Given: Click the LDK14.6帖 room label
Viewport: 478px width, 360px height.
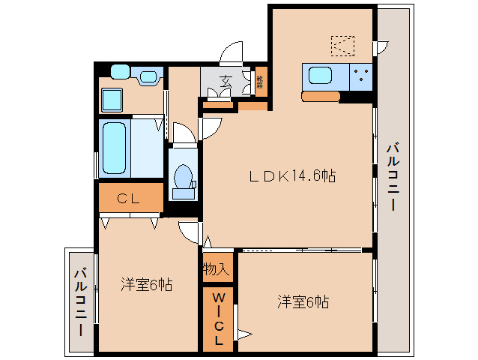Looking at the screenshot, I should (292, 176).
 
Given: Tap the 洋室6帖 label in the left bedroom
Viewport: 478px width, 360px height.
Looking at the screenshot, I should (147, 284).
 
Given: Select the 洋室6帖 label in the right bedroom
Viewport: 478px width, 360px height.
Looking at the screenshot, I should (303, 301).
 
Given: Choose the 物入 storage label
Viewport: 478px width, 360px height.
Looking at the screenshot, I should (217, 268).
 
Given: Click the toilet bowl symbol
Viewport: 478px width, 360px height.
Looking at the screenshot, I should (182, 178).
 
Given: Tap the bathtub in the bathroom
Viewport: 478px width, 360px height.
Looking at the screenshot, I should (114, 147).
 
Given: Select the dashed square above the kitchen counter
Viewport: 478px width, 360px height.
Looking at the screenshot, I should (343, 46).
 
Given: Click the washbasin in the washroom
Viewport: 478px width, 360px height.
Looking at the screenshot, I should (148, 76).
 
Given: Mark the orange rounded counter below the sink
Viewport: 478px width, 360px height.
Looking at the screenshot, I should (321, 96).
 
